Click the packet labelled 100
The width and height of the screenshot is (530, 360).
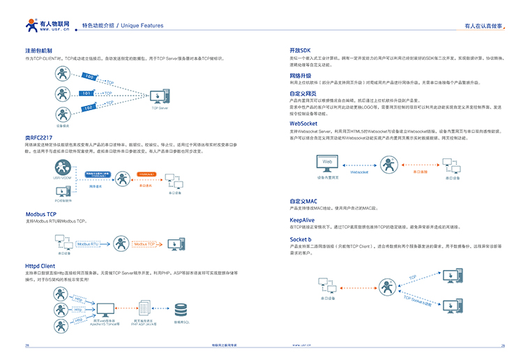click(89, 76)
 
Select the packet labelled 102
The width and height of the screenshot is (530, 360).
click(89, 107)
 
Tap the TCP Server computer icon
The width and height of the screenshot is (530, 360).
click(160, 95)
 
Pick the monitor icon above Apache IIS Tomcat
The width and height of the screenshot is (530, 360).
click(105, 308)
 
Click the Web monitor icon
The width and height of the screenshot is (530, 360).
click(328, 164)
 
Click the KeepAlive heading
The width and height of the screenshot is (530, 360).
click(302, 219)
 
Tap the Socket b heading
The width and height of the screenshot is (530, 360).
click(301, 239)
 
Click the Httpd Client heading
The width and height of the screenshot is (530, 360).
click(40, 266)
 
